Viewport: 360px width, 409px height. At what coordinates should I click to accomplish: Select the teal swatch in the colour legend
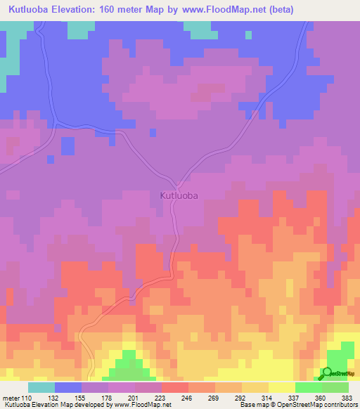41,387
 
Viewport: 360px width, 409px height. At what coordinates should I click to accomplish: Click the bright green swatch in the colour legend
308,387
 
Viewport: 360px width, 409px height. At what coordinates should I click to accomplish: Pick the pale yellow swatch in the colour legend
281,387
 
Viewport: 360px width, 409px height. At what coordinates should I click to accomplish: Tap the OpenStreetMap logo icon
328,372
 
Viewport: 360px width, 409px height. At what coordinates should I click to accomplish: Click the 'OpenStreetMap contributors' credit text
316,405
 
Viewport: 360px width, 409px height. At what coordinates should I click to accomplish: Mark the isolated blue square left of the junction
67,146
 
